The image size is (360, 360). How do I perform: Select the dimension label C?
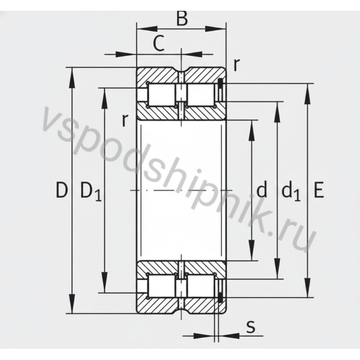pyautogui.click(x=157, y=43)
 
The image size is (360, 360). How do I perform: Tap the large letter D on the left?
pyautogui.click(x=62, y=191)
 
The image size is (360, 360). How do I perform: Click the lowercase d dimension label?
pyautogui.click(x=261, y=191)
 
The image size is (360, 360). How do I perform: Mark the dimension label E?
pyautogui.click(x=318, y=191)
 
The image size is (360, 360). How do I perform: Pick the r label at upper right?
pyautogui.click(x=236, y=64)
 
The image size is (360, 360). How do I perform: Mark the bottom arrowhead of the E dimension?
pyautogui.click(x=308, y=292)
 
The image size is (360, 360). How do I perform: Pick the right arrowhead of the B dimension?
pyautogui.click(x=220, y=29)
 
